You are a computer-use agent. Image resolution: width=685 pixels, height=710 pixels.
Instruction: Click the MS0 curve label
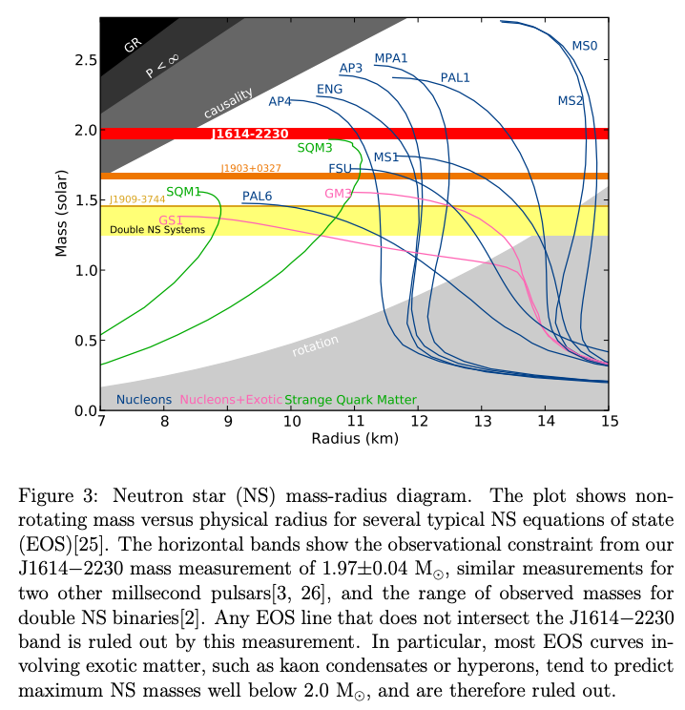[584, 45]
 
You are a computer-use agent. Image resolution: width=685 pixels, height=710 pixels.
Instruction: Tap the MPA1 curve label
[391, 58]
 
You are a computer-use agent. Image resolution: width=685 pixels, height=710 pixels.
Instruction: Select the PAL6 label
[257, 197]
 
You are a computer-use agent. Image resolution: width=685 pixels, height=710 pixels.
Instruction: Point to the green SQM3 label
[315, 148]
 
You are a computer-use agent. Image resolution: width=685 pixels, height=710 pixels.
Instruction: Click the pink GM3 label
[339, 193]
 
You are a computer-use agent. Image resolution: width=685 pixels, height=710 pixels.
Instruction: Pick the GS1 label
[172, 219]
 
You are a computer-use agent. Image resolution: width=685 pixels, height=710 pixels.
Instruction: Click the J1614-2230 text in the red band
[250, 135]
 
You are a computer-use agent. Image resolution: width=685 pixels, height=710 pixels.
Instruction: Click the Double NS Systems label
[157, 230]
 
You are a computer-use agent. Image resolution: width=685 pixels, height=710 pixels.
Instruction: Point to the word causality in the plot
[229, 103]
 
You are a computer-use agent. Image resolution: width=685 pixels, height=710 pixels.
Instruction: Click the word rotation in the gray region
[315, 345]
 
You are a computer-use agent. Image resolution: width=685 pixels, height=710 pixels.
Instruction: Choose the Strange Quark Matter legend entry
[350, 400]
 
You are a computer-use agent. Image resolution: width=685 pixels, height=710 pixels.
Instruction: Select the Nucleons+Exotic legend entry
[231, 400]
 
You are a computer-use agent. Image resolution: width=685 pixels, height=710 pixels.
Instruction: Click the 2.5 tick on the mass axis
[84, 60]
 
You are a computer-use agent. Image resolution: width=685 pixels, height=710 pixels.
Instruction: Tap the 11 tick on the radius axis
[355, 421]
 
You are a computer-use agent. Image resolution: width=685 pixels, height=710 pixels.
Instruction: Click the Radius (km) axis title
[354, 438]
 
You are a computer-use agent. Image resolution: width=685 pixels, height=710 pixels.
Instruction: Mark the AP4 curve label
[280, 102]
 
